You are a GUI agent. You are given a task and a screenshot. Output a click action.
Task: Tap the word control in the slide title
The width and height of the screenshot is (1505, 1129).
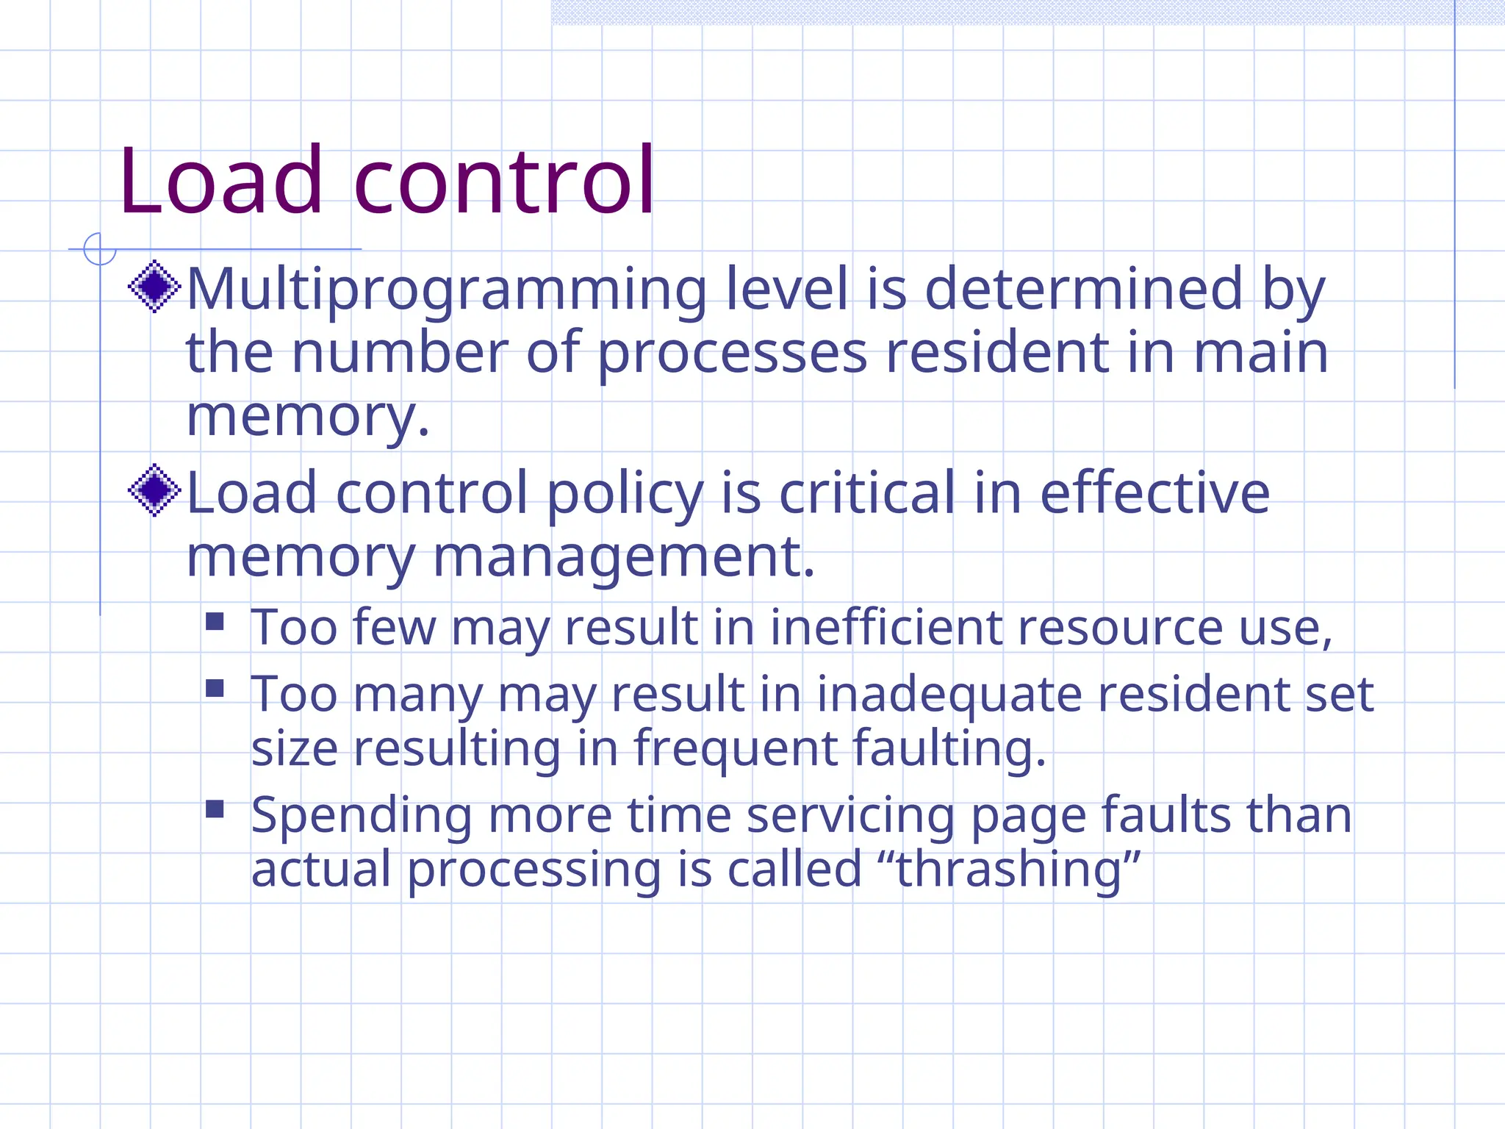pos(504,181)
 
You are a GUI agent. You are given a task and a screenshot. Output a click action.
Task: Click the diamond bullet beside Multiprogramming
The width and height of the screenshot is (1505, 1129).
pos(154,287)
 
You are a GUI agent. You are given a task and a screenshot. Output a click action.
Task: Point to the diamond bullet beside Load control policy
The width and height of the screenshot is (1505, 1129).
pos(154,490)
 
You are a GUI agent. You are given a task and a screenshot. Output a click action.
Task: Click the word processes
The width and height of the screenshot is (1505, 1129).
pos(732,353)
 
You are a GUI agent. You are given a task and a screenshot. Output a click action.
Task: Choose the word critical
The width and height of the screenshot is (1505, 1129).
pos(867,492)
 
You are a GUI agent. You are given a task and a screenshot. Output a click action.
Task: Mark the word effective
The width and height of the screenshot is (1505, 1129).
pos(1154,492)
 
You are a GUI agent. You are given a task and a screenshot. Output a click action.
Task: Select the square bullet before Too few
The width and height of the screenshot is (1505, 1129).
pos(215,622)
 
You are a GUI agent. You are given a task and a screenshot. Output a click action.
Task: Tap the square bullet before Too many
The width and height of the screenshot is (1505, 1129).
pos(215,688)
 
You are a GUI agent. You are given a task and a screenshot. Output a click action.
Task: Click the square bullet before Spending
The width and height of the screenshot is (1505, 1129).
pos(215,809)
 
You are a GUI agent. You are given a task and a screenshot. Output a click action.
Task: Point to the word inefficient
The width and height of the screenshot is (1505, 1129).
pos(886,628)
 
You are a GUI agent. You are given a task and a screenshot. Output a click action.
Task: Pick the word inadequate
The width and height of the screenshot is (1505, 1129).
pos(949,694)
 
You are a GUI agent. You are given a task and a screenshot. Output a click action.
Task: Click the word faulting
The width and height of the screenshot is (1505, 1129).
pos(948,750)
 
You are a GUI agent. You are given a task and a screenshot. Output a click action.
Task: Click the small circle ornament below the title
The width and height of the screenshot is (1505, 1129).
pos(100,249)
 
